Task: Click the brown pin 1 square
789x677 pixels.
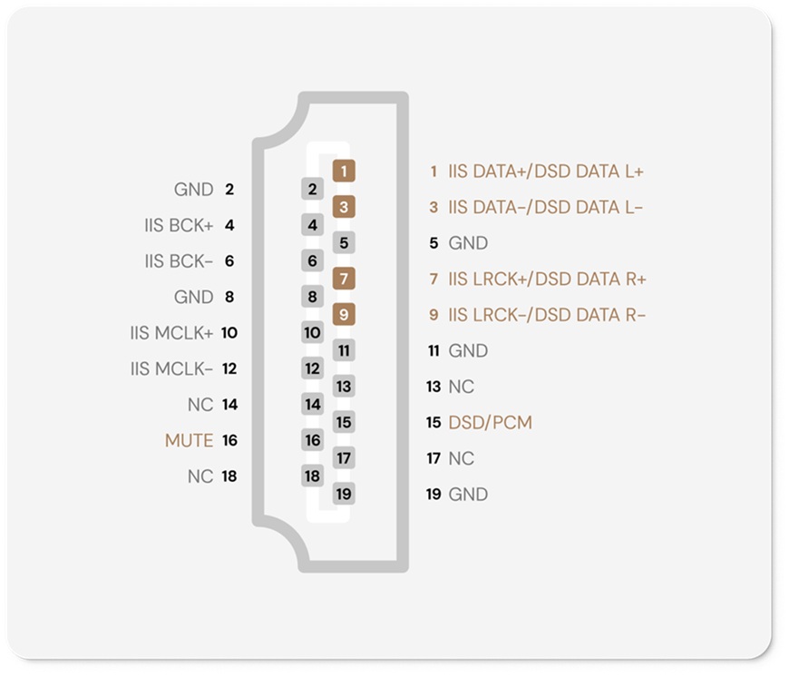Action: coord(344,172)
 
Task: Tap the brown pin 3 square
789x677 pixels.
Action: coord(344,207)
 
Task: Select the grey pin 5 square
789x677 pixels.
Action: coord(344,242)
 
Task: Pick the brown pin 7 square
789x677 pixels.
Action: coord(344,279)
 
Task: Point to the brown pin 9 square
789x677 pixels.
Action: coord(344,315)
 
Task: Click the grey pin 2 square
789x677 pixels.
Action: coord(313,189)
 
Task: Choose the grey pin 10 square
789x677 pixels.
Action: coord(313,332)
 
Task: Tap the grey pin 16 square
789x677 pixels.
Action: coord(313,440)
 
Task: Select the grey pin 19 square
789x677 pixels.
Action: coord(344,494)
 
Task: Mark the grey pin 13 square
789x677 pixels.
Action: coord(344,386)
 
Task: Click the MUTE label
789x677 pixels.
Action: coord(190,440)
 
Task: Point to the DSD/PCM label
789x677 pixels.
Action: coord(490,422)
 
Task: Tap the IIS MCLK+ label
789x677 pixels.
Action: coord(171,333)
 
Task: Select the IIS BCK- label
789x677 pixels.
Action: coord(179,261)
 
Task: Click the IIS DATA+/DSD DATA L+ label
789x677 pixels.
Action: coord(546,172)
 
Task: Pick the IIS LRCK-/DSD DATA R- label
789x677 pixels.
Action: coord(547,315)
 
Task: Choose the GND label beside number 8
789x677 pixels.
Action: coord(194,297)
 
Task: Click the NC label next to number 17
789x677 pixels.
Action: coord(461,458)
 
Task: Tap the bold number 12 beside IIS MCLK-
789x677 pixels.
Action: coord(229,369)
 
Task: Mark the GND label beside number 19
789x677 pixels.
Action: coord(468,495)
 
